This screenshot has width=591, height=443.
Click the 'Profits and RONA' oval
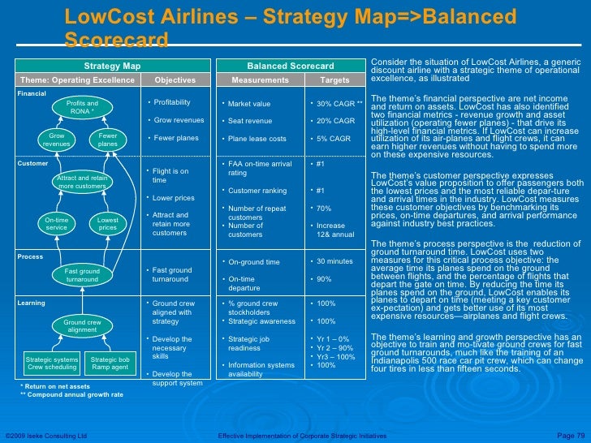pos(82,107)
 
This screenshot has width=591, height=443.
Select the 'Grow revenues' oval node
pos(56,140)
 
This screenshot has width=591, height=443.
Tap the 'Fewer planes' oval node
pos(108,140)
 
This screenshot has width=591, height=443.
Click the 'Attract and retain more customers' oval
pos(82,182)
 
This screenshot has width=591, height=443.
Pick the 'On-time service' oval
pos(56,223)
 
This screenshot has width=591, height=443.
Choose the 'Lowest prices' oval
pos(108,223)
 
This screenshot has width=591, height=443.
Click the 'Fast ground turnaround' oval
pos(82,274)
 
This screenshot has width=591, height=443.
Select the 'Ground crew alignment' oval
pos(82,326)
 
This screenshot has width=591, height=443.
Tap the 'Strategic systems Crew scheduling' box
pos(51,363)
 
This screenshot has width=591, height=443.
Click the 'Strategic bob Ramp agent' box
pos(110,363)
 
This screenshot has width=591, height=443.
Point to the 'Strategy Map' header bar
pos(112,66)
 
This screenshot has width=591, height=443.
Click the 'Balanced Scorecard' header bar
pos(290,66)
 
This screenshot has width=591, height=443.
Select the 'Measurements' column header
pos(260,80)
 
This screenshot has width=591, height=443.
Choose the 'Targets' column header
pos(334,80)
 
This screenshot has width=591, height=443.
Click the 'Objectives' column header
pos(175,80)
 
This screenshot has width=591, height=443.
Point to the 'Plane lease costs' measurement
pos(257,139)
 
